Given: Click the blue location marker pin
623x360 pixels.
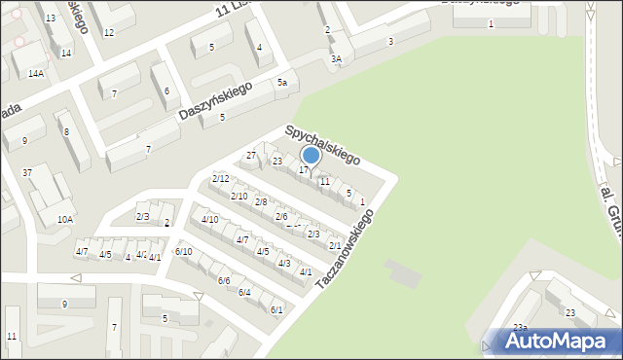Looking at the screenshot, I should [x=311, y=156].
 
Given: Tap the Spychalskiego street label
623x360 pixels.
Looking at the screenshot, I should [x=322, y=144].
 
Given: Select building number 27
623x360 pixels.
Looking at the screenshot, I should [x=250, y=156].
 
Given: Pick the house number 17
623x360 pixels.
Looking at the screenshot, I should [x=304, y=171].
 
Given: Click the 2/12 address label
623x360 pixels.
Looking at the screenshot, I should [x=221, y=178].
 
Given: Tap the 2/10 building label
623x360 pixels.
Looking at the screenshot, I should [x=238, y=197].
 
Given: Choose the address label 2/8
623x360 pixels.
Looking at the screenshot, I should [x=261, y=202].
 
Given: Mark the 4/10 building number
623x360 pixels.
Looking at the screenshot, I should [x=209, y=220].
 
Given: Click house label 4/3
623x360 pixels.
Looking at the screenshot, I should [x=284, y=264].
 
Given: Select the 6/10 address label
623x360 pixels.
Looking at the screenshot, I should [x=183, y=252].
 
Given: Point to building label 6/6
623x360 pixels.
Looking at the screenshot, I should [x=224, y=280].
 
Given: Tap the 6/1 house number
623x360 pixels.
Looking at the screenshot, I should [x=276, y=309].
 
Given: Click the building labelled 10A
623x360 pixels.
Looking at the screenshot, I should [x=64, y=220].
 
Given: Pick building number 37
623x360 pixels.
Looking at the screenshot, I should [x=27, y=173].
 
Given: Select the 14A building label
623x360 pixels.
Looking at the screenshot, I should [x=36, y=73].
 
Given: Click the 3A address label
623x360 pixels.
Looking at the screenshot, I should [x=336, y=59].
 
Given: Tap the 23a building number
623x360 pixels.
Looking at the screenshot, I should [x=520, y=327].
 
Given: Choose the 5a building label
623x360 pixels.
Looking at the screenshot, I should [x=282, y=84].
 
